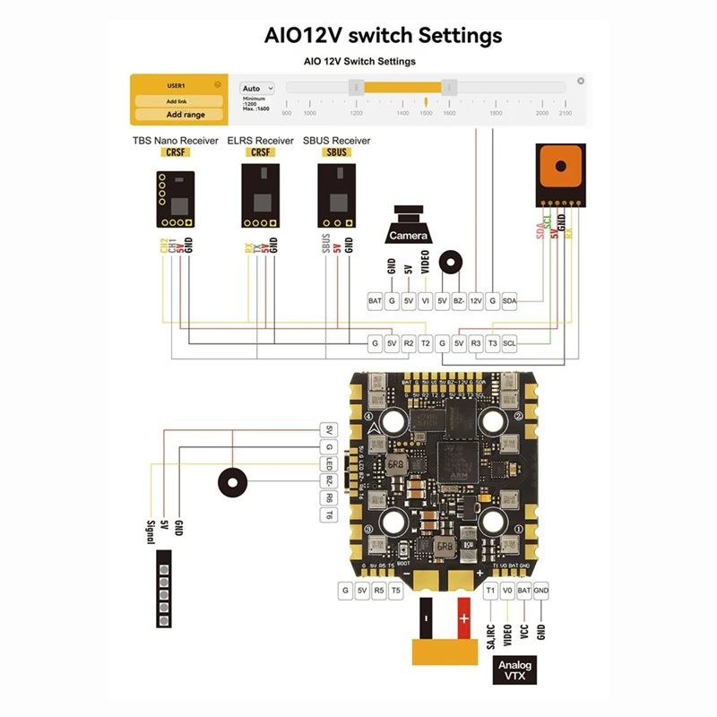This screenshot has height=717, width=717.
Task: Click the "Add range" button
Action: [185, 115]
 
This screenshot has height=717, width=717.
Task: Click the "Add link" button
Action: [177, 101]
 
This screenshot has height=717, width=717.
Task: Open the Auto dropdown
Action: [257, 89]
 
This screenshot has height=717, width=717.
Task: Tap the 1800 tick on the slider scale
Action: [495, 113]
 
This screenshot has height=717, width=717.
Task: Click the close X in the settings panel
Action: [581, 81]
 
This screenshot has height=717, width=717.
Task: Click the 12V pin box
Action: [476, 301]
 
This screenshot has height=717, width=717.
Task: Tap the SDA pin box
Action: [509, 301]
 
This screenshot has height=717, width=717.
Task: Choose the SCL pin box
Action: [509, 343]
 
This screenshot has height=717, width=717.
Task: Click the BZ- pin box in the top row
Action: [459, 301]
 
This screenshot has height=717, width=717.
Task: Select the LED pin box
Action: [329, 463]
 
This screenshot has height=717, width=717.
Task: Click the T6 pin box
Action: [329, 514]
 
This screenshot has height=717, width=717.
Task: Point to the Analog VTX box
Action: [515, 670]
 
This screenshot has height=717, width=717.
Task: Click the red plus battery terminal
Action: [463, 619]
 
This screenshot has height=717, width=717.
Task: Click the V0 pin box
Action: [507, 591]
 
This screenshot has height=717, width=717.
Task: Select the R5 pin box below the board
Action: [379, 591]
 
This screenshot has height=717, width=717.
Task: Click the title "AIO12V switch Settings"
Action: [383, 36]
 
